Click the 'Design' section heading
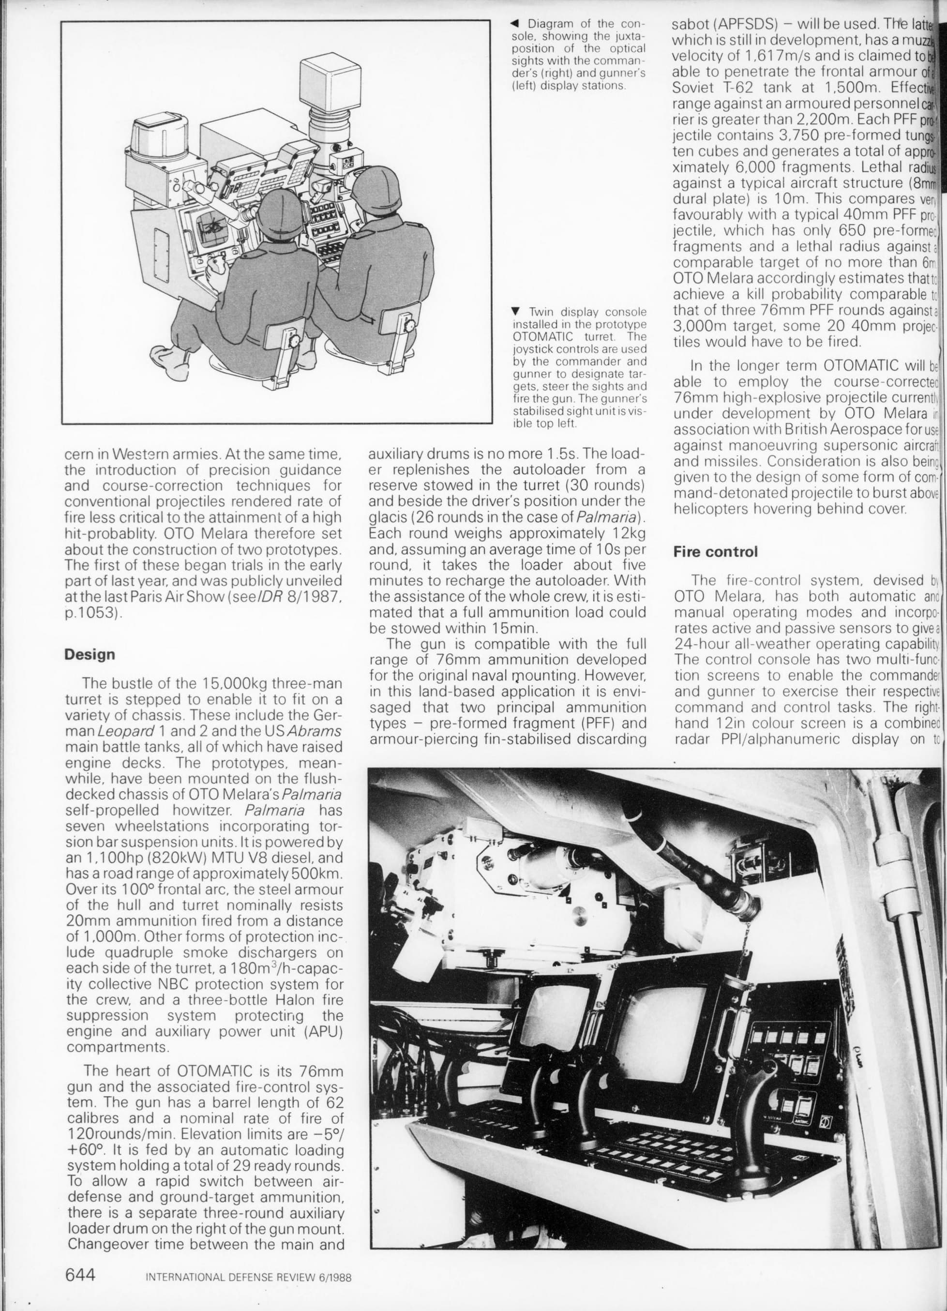coord(90,655)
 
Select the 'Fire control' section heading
coord(715,552)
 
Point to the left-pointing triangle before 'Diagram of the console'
coord(516,24)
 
